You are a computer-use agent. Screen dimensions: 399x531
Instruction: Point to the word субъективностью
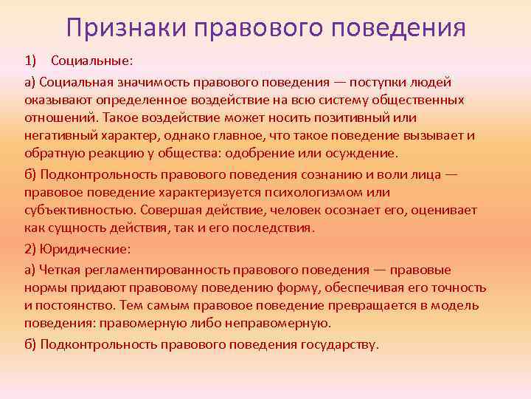pyautogui.click(x=79, y=211)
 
